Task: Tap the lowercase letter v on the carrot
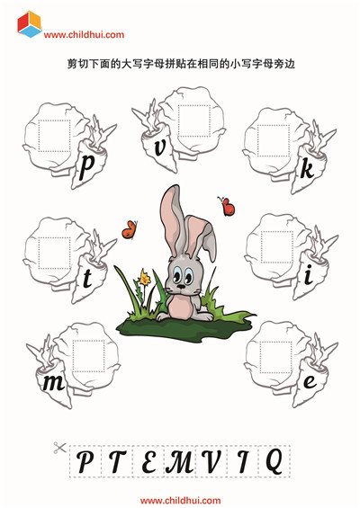coord(160,148)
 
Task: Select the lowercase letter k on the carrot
coord(307,169)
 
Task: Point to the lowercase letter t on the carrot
coord(87,280)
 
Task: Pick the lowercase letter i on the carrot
coord(309,275)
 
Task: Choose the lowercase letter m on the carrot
coord(54,383)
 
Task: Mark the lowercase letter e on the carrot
coord(310,381)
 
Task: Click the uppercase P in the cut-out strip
coord(85,461)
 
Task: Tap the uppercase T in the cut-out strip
coord(116,461)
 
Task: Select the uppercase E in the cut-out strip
coord(148,461)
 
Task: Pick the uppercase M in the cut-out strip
coord(180,461)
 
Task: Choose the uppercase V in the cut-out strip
coord(211,461)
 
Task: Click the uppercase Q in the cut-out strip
coord(274,462)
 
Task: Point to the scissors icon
coord(59,448)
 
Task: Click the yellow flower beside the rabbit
coord(144,277)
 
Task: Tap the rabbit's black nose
coord(181,287)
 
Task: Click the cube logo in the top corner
coord(30,24)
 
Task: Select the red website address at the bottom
coord(180,501)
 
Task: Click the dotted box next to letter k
coord(274,140)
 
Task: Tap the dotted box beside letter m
coord(88,356)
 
